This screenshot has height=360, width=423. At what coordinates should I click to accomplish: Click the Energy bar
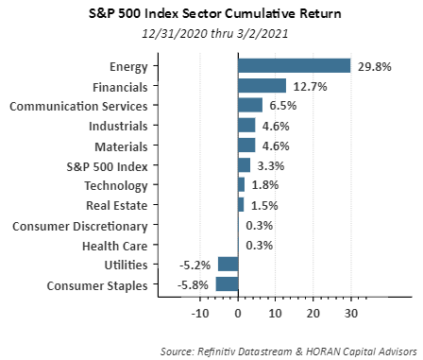(294, 66)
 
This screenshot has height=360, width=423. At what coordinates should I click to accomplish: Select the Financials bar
(262, 86)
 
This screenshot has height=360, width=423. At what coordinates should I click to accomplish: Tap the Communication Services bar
(250, 105)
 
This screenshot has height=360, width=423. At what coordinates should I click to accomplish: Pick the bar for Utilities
(228, 264)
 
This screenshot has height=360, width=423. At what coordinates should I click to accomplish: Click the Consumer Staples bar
(227, 283)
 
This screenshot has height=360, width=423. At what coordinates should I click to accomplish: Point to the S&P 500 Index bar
(245, 165)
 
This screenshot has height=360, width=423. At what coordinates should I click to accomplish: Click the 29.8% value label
(375, 67)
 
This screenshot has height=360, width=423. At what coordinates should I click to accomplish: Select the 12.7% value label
(311, 86)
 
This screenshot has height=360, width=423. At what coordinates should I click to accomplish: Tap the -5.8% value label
(193, 285)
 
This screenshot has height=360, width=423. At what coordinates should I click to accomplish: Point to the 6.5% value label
(283, 106)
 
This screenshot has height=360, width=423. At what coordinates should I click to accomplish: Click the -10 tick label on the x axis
(200, 314)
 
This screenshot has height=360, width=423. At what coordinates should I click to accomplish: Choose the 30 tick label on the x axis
(350, 314)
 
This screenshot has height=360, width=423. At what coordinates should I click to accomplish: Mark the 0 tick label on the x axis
(238, 314)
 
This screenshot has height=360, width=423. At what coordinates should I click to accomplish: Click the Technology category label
(116, 186)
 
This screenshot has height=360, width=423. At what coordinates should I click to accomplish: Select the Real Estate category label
(117, 205)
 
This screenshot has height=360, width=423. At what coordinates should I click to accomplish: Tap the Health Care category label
(115, 246)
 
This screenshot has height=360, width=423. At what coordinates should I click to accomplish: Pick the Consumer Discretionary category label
(80, 227)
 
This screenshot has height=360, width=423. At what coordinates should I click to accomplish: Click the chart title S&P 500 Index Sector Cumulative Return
(215, 14)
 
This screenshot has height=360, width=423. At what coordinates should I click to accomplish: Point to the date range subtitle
(215, 33)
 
